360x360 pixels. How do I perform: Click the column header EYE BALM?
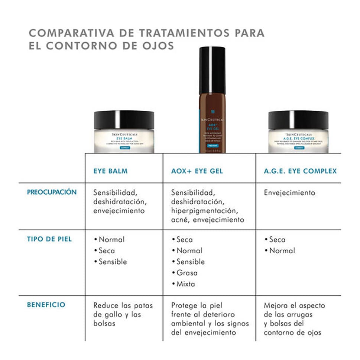click(x=110, y=171)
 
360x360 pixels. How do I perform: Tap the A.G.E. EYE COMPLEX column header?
click(x=300, y=171)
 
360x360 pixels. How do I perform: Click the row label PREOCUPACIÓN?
click(x=52, y=192)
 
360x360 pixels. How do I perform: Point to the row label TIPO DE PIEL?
click(x=49, y=239)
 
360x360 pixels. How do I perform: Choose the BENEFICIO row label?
click(x=46, y=305)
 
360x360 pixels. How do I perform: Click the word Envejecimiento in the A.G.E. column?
click(x=289, y=193)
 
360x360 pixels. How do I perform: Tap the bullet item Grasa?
click(x=187, y=273)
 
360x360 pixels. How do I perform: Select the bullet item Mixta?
click(x=186, y=284)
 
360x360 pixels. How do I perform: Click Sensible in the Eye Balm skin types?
click(x=113, y=262)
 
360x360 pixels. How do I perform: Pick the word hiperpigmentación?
click(x=205, y=211)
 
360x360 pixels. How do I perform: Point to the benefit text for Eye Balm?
click(x=123, y=314)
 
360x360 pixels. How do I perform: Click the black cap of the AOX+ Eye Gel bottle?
click(x=212, y=70)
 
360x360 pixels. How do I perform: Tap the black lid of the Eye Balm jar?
click(x=124, y=120)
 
